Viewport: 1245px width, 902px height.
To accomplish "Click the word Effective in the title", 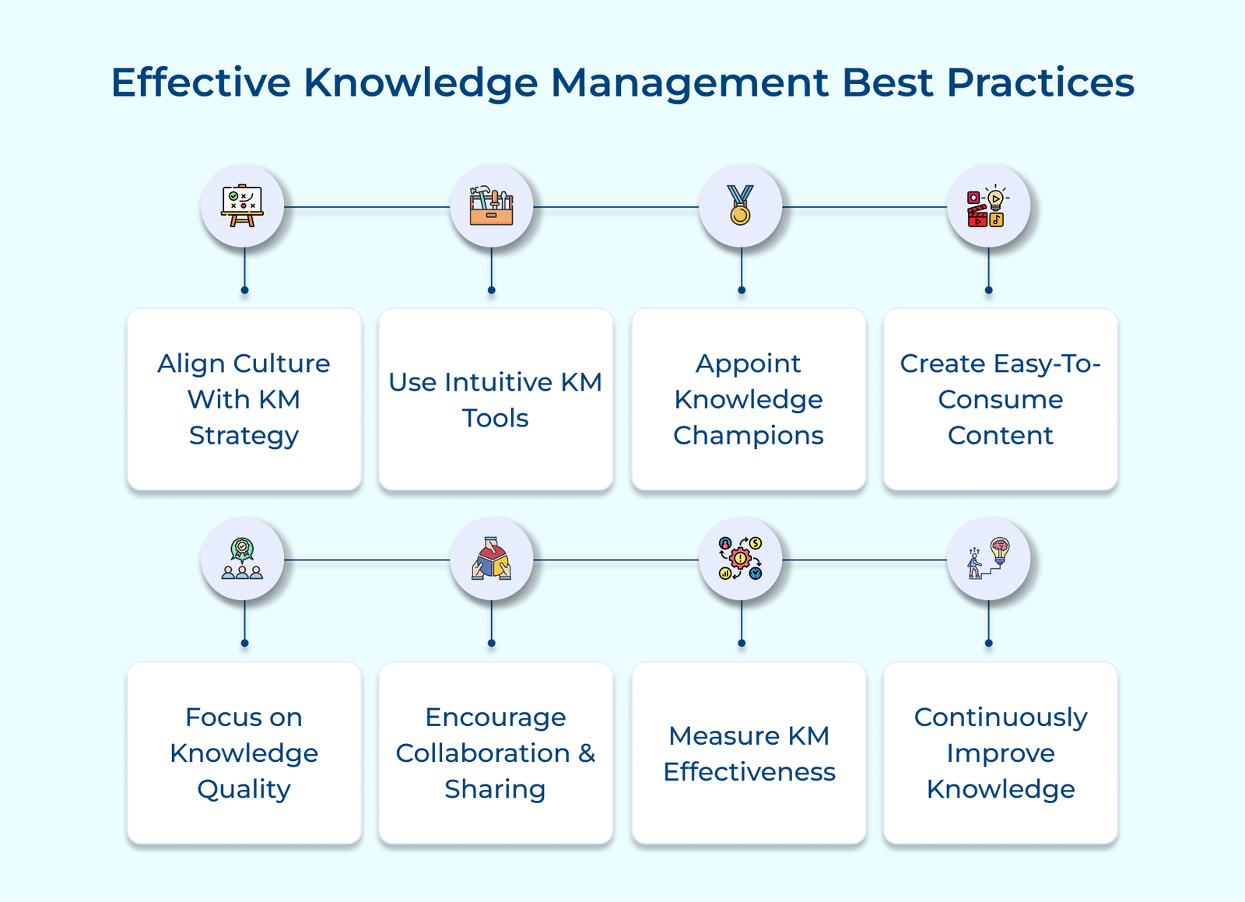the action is pos(201,82).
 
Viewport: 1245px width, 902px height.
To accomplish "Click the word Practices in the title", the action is pos(1040,82).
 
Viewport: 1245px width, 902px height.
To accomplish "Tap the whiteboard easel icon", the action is pos(242,205).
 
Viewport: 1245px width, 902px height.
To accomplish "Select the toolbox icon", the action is pos(491,205).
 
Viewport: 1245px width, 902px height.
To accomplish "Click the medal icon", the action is pos(740,205).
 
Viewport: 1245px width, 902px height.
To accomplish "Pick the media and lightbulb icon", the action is pos(988,205).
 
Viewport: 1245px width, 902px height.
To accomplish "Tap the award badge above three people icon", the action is pos(242,559).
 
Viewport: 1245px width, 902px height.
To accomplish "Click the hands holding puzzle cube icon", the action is pos(491,559).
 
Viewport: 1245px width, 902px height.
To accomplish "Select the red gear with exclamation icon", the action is pos(740,559).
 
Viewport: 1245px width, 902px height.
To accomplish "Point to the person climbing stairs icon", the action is pos(988,559).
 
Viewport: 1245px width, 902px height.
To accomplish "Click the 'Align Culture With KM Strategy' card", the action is pos(244,399).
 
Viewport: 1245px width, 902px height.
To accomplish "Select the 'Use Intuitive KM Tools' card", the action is pos(496,399).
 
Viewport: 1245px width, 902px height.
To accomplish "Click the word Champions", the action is pos(748,436).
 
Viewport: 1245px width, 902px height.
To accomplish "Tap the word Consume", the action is pos(1001,399).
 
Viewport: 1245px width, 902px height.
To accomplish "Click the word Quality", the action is pos(244,790).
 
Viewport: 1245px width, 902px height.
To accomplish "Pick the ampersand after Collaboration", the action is pos(587,753).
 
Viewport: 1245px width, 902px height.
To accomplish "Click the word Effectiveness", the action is pos(749,772).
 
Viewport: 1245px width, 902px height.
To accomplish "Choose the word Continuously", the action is pos(1001,718).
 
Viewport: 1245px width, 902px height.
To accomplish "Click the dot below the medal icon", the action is pos(742,290).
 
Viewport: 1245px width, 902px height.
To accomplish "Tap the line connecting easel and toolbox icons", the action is pos(366,207).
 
